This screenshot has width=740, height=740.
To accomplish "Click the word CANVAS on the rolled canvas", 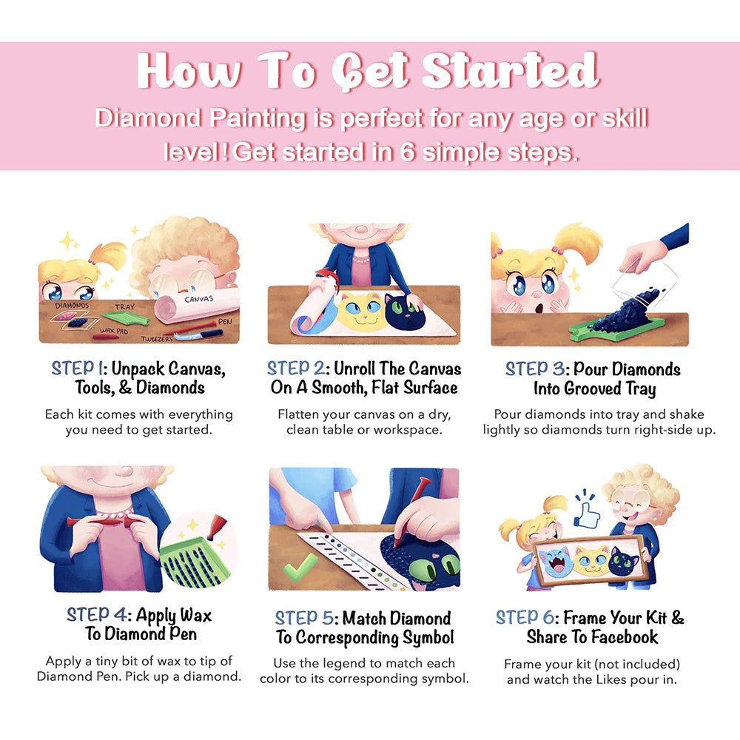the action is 198,299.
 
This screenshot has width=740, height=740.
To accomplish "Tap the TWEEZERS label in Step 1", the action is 157,339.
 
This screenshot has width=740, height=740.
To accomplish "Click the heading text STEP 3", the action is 535,369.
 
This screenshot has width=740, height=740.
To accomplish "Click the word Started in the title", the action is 510,70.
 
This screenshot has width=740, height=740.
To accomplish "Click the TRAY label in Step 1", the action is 125,307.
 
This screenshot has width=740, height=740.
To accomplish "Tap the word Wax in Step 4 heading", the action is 196,616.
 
